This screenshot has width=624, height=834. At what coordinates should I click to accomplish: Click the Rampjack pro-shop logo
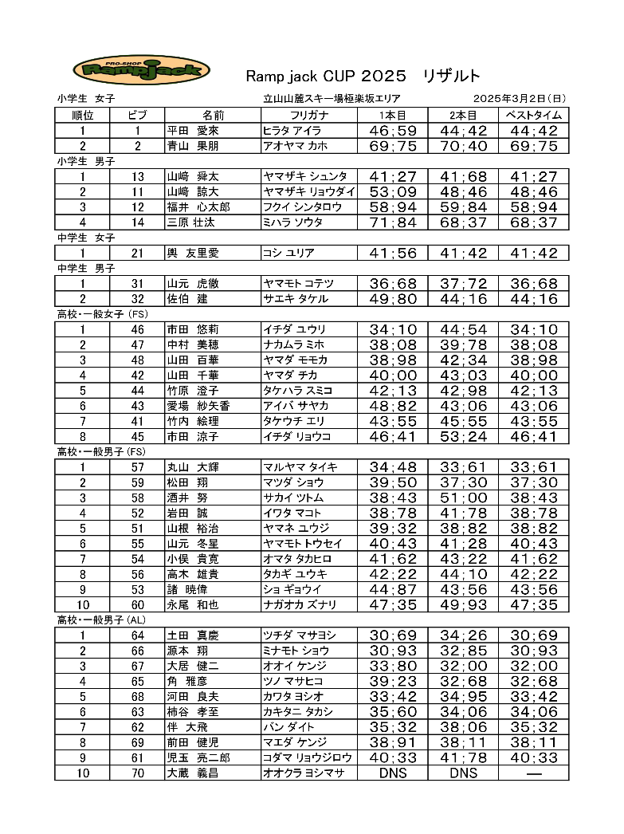pos(141,70)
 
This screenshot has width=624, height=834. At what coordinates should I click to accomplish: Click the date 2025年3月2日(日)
pos(519,99)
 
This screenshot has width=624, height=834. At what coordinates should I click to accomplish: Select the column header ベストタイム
pos(534,115)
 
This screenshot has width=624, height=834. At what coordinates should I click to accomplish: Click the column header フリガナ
pos(308,115)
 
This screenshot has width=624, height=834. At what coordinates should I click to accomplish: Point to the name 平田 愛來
pos(192,131)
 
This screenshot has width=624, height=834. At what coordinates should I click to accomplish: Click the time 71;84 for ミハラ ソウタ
pos(393,222)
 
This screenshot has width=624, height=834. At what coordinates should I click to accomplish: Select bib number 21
pos(138,253)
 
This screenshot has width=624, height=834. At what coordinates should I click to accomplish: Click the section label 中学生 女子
pos(86,238)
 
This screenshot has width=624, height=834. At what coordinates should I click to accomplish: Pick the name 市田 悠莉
pos(192,329)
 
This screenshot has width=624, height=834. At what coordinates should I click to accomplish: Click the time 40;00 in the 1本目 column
pos(393,376)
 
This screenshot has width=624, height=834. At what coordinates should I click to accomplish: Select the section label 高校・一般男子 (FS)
pos(100,452)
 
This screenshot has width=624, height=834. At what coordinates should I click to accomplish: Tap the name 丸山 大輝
pos(192,466)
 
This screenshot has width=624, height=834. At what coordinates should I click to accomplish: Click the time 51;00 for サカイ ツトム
pos(463,498)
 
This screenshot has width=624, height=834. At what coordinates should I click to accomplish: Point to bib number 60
pos(138,604)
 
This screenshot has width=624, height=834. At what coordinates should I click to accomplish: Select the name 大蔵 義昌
pos(192,773)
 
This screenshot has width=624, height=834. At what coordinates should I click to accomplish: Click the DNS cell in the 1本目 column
pos(393,773)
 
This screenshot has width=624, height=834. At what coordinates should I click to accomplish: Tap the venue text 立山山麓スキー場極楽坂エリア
pos(332,99)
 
